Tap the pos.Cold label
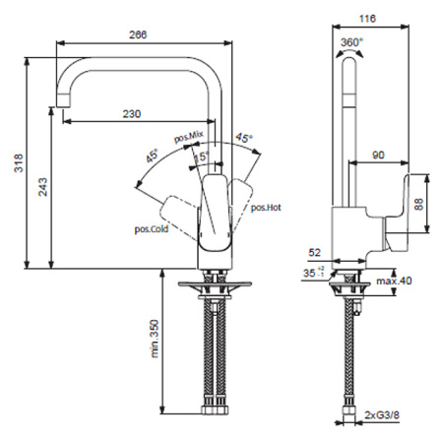click(x=154, y=227)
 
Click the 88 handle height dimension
click(x=419, y=204)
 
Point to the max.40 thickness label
click(x=393, y=282)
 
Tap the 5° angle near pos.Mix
click(x=203, y=155)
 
